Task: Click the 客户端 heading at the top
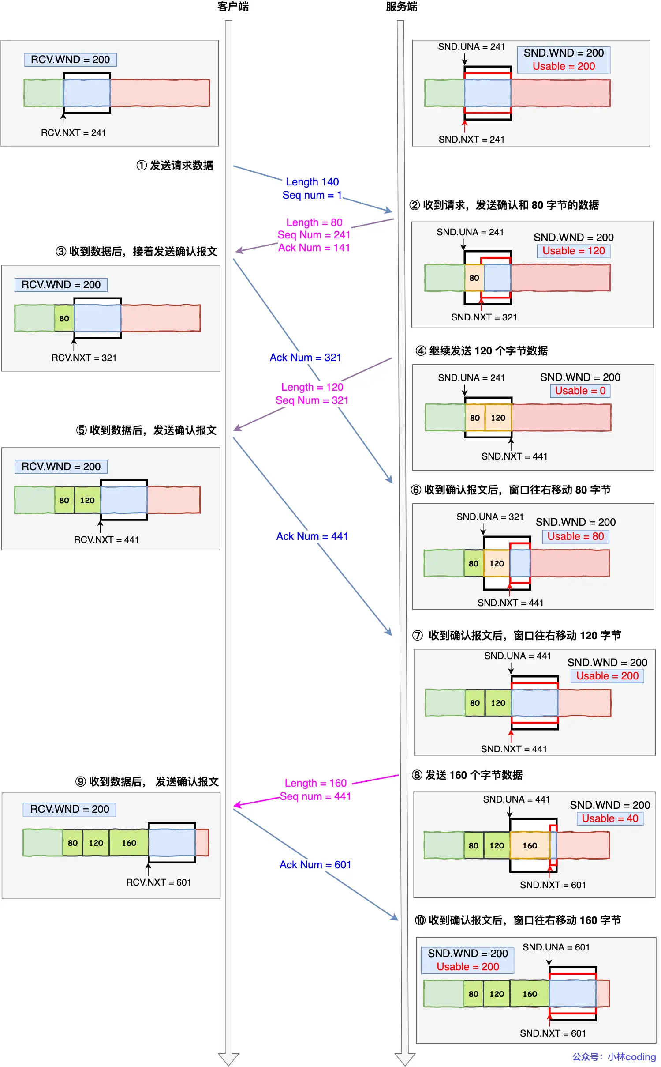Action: [233, 7]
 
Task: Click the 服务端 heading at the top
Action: [401, 7]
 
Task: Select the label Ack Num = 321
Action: [306, 358]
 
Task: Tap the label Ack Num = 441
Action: [312, 536]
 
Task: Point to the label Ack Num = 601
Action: [315, 865]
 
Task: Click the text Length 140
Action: [312, 182]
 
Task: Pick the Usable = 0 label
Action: [580, 391]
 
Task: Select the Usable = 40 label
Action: [610, 818]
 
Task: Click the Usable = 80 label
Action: [575, 536]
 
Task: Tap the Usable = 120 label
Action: [573, 251]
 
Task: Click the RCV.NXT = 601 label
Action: [159, 882]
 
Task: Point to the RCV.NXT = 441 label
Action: [106, 540]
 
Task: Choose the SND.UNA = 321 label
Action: [490, 517]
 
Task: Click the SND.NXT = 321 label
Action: [484, 317]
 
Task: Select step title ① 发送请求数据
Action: [175, 166]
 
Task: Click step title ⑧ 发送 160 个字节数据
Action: [467, 775]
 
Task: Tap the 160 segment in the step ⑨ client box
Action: [129, 843]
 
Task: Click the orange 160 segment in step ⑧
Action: [530, 845]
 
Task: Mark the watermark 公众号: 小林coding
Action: [614, 1057]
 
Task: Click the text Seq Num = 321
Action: [312, 400]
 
